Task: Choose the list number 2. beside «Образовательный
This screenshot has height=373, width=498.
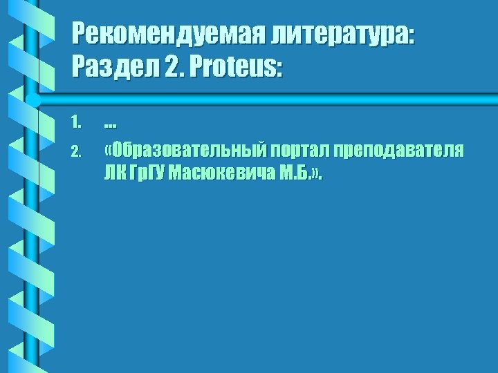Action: (x=77, y=150)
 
